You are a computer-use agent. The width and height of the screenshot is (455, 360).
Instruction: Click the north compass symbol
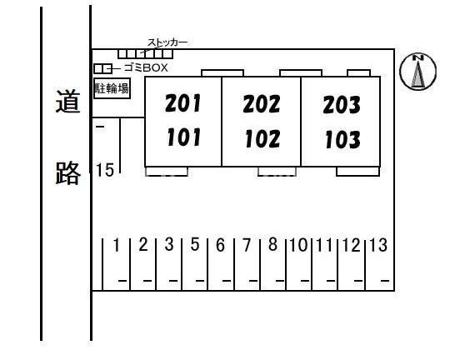click(417, 71)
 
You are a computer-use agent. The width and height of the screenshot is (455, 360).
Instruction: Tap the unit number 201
click(182, 103)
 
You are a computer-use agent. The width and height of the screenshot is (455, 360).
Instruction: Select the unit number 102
click(262, 138)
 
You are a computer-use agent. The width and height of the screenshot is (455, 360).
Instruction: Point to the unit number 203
click(342, 105)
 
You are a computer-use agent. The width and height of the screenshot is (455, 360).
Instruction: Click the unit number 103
click(342, 139)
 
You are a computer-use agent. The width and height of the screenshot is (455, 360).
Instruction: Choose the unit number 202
click(262, 104)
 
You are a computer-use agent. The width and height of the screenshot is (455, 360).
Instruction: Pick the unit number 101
click(184, 137)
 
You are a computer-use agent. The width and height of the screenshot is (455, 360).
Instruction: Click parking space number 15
click(105, 170)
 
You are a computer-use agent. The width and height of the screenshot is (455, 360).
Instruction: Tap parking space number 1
click(117, 245)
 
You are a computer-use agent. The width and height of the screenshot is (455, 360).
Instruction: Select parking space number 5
click(195, 244)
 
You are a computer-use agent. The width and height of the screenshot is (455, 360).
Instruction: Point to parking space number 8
click(272, 244)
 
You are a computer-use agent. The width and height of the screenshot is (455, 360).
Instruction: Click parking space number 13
click(378, 245)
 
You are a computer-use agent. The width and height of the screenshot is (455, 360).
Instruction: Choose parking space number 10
click(298, 245)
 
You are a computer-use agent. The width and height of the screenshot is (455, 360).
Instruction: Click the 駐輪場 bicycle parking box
click(112, 88)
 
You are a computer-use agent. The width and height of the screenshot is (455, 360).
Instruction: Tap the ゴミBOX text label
click(146, 67)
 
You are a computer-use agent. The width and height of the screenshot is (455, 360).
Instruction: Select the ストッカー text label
click(167, 42)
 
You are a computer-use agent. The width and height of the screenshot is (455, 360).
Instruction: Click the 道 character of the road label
click(67, 101)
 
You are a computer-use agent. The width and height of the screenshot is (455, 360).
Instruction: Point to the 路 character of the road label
click(67, 172)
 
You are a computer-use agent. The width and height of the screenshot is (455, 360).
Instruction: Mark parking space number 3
click(169, 244)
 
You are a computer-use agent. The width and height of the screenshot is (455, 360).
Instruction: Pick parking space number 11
click(324, 245)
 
